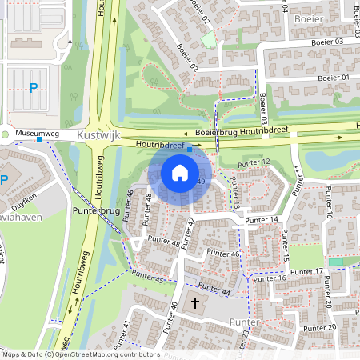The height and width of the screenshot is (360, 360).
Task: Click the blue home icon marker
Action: point(180,172)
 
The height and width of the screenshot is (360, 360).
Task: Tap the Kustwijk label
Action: point(98,136)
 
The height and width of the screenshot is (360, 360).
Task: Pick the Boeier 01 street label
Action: point(334,78)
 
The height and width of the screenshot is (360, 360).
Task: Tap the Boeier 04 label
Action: point(285,7)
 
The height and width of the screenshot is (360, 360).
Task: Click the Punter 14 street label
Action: point(262,219)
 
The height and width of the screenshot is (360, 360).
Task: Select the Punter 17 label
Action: point(307,272)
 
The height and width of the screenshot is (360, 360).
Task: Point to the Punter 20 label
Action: point(320,327)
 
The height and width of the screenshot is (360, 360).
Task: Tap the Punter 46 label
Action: point(223,254)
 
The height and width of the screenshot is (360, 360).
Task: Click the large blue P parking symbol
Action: point(33,88)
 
